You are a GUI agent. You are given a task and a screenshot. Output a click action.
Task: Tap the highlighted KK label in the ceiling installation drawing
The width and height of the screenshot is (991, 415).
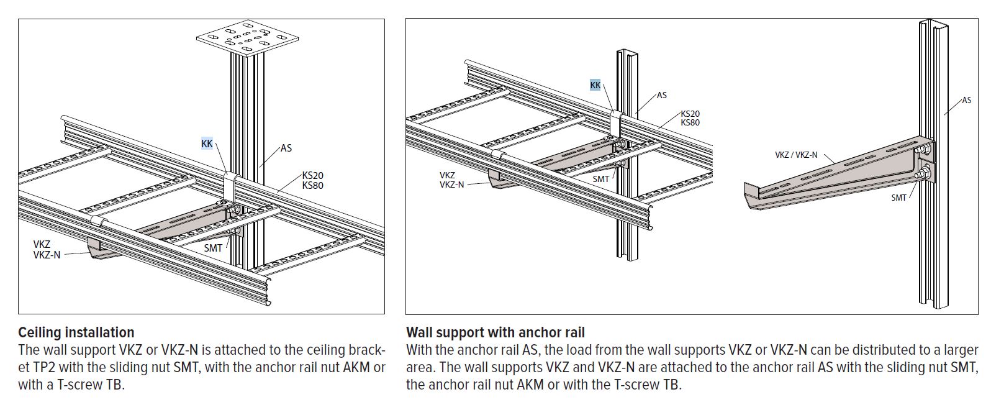pos(207,144)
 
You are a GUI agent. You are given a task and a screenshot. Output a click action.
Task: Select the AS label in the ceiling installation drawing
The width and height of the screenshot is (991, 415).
pos(286,148)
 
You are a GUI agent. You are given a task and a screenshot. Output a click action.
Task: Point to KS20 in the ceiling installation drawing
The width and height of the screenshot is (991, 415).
pos(312,176)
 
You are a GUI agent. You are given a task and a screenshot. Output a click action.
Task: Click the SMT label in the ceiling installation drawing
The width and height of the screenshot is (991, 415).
pos(213,248)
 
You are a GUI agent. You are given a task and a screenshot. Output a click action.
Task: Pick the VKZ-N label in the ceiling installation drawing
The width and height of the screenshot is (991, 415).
pos(47,254)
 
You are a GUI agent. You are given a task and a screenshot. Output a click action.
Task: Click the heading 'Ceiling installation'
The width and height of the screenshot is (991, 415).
pos(76,332)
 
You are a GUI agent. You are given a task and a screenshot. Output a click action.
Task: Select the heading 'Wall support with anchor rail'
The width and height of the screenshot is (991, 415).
pos(495,332)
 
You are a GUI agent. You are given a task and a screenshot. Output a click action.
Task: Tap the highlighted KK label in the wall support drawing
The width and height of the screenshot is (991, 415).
pos(595,85)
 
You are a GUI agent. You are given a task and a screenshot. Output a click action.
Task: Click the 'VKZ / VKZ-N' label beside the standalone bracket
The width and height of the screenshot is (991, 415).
pos(796,155)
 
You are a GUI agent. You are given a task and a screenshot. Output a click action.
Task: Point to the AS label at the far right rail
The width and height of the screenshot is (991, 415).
pos(966,100)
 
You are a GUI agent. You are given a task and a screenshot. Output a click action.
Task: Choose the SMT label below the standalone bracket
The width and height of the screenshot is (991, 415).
pos(898,198)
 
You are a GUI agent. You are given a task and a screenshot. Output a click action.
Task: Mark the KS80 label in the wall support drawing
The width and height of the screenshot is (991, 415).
pos(690,122)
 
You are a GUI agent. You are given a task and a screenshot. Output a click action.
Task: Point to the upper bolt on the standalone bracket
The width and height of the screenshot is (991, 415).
pos(923,149)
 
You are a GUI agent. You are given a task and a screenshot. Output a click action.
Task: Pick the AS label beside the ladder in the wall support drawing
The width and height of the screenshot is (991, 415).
pos(661,95)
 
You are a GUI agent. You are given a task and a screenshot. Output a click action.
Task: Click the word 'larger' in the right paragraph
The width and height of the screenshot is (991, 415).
pos(961,350)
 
